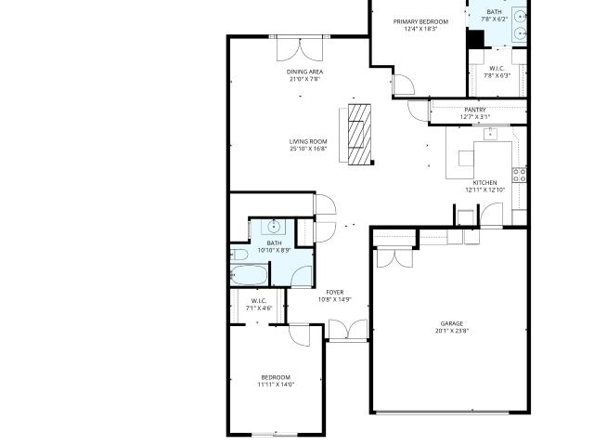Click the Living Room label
[x=308, y=141]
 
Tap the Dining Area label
[x=304, y=72]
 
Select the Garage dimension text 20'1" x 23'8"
[x=452, y=331]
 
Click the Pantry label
[x=475, y=110]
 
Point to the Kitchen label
[x=484, y=183]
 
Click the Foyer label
[x=335, y=293]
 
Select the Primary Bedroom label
[x=420, y=21]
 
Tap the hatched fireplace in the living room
[x=359, y=134]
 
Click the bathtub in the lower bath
[x=249, y=275]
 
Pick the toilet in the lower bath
[x=239, y=254]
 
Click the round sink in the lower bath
[x=274, y=227]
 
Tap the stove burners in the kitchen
[x=520, y=176]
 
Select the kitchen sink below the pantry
[x=490, y=134]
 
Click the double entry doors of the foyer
[x=348, y=329]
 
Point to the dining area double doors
[x=300, y=49]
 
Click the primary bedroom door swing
[x=404, y=85]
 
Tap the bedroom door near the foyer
[x=299, y=335]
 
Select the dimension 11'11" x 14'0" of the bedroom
[x=276, y=385]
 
